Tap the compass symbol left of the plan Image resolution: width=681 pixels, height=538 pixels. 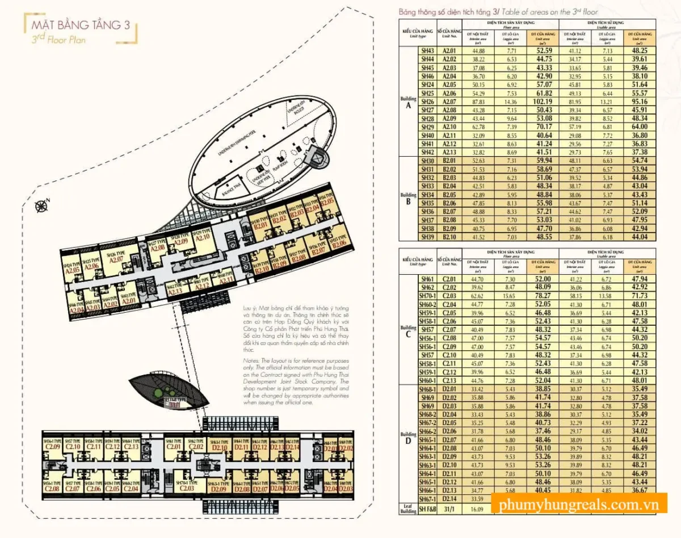(x=41, y=207)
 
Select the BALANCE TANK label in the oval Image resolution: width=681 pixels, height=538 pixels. (x=232, y=188)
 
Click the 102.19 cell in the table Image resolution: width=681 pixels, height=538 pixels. (x=542, y=101)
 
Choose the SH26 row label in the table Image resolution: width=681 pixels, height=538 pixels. (x=427, y=101)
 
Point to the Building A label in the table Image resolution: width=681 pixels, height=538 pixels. (x=408, y=102)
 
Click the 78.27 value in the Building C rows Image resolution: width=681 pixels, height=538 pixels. (x=542, y=296)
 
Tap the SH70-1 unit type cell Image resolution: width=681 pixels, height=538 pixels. (x=427, y=296)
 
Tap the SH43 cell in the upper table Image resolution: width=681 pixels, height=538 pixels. (x=427, y=51)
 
